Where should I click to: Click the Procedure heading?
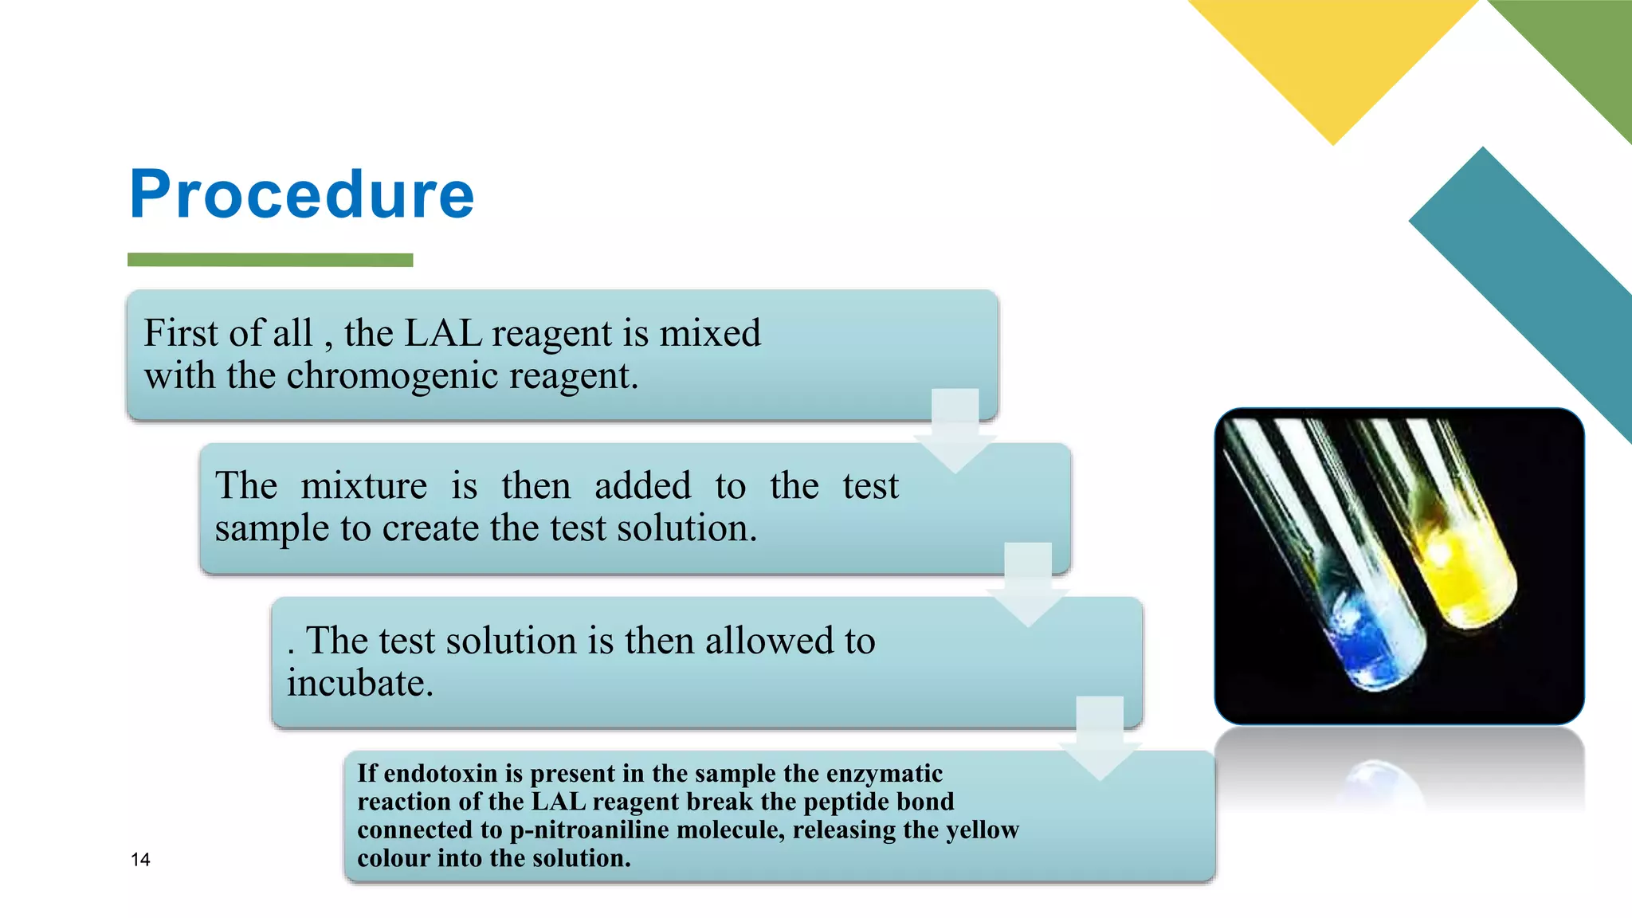[301, 194]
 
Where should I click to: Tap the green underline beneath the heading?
[270, 260]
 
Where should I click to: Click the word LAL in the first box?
[443, 333]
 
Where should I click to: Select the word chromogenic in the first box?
[393, 375]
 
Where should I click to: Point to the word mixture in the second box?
[363, 486]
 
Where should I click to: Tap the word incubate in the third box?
[359, 684]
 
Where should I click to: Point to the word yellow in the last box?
[982, 830]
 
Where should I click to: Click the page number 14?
[140, 860]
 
